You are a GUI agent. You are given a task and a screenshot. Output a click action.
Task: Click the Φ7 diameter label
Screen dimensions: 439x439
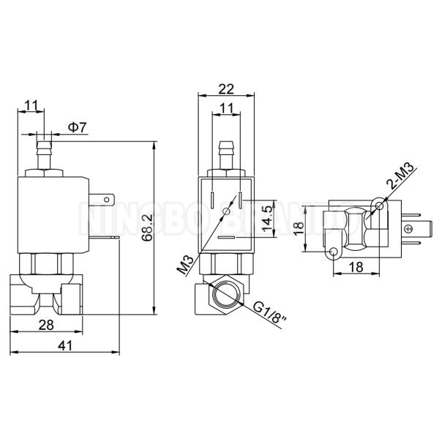point(78,127)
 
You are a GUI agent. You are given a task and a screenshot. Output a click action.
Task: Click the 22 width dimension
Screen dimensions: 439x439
point(226,89)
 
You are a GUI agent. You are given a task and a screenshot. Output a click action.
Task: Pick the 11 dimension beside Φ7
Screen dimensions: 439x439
point(31,105)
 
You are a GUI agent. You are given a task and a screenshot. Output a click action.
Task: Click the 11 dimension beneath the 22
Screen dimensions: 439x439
point(226,108)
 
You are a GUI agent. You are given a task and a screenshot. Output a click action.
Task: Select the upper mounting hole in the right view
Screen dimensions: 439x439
point(378,209)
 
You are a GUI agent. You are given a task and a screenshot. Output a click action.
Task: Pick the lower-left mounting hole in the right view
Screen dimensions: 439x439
point(334,252)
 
